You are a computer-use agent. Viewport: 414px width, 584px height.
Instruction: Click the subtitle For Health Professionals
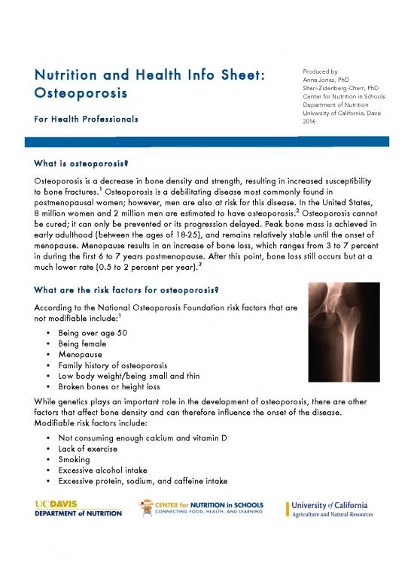(x=86, y=120)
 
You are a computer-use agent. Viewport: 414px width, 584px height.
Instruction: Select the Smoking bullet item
(x=75, y=458)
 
